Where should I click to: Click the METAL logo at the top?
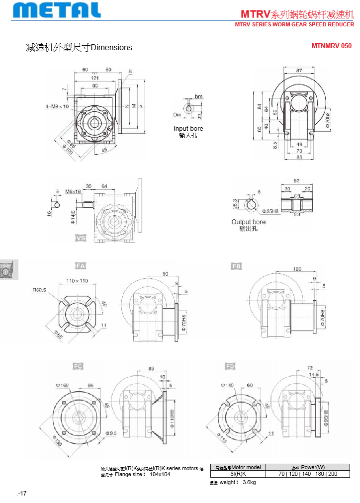(58, 10)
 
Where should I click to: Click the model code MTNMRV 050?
(331, 46)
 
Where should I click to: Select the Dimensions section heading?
(79, 48)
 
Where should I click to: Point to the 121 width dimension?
(94, 78)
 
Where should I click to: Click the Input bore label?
(188, 129)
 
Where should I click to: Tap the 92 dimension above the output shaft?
(297, 181)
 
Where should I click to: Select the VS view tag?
(81, 238)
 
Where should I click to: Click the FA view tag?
(81, 266)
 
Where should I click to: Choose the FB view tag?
(237, 266)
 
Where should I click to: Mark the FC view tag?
(78, 366)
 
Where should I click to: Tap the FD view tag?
(230, 366)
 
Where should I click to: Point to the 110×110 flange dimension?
(77, 281)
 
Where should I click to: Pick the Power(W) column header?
(307, 467)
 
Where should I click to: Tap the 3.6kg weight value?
(249, 483)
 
